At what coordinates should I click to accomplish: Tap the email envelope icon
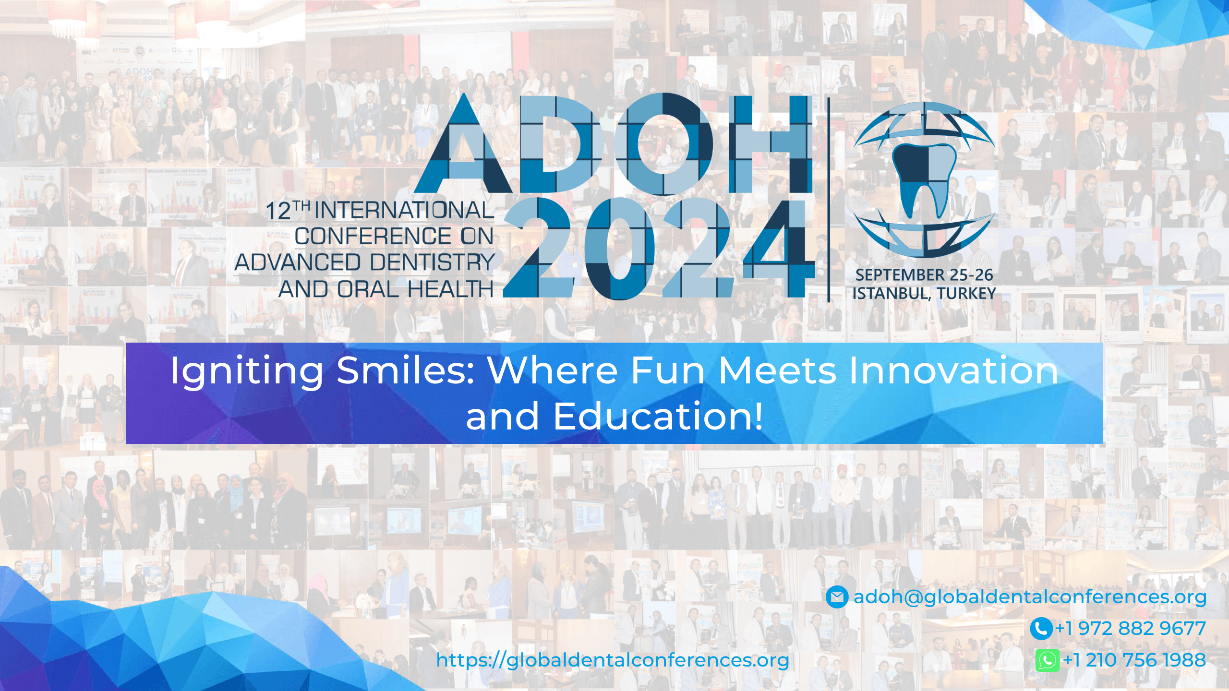[x=837, y=597]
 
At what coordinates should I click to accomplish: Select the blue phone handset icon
[x=1041, y=629]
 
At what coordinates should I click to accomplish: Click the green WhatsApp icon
[x=1047, y=660]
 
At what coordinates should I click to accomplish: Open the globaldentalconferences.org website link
[x=613, y=661]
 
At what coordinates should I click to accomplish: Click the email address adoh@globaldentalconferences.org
[x=1030, y=597]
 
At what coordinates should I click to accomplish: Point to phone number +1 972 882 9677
[x=1131, y=629]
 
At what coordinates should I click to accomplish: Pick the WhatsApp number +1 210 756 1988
[x=1134, y=660]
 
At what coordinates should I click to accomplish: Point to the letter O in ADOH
[x=664, y=143]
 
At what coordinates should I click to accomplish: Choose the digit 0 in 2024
[x=619, y=249]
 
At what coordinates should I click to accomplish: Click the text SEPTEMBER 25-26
[x=924, y=275]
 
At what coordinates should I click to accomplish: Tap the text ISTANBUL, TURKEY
[x=924, y=293]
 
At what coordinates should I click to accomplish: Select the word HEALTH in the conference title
[x=450, y=289]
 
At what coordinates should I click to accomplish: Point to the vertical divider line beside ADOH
[x=829, y=199]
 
